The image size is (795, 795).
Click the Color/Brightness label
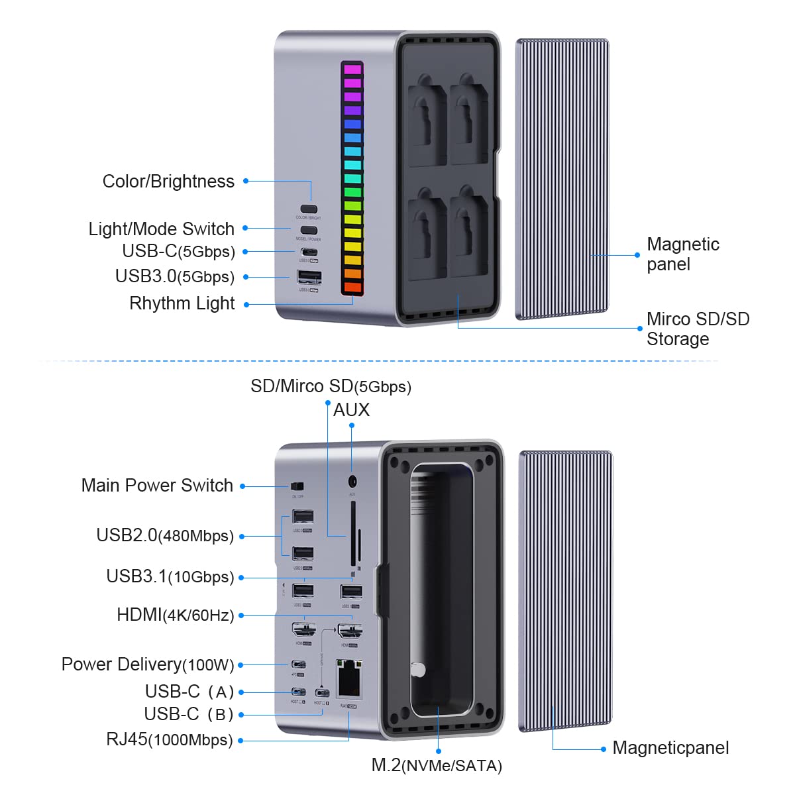[168, 182]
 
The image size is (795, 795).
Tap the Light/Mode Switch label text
[162, 229]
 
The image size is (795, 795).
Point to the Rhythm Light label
[182, 303]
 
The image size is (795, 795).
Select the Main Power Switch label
[157, 486]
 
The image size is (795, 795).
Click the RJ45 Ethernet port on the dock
[349, 678]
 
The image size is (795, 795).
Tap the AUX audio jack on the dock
[352, 482]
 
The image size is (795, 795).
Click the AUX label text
[351, 410]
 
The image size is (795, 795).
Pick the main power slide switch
[297, 487]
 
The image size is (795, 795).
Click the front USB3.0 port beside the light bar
[309, 276]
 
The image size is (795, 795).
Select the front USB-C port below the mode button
[309, 252]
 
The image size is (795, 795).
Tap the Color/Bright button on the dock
[309, 209]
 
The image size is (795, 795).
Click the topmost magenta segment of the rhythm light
[352, 70]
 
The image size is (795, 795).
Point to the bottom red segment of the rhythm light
[352, 288]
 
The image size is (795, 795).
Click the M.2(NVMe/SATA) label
[437, 766]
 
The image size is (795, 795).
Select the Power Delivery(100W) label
[148, 664]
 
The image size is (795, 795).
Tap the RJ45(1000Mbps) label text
[170, 740]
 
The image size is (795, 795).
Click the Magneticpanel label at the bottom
[670, 748]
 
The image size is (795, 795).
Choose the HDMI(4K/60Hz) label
[176, 615]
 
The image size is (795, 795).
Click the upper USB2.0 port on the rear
[303, 516]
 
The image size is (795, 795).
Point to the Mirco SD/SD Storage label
[698, 329]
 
